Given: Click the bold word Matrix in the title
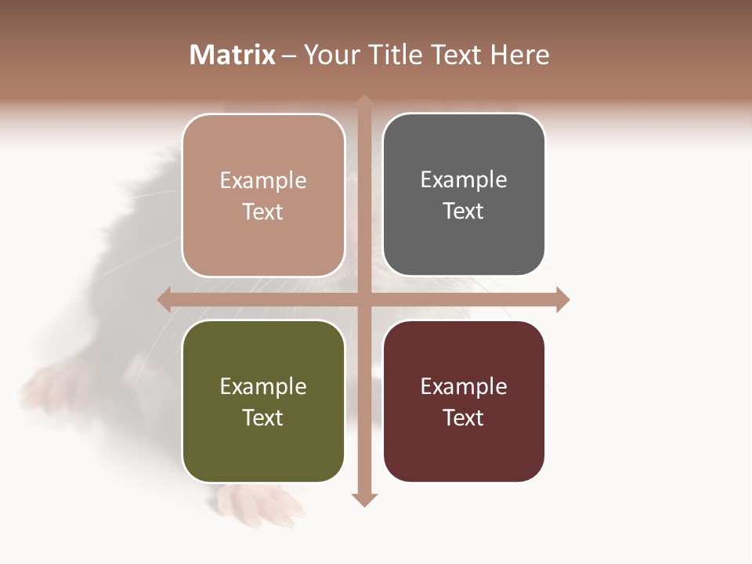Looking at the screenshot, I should pyautogui.click(x=233, y=55).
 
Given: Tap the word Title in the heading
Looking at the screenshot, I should pyautogui.click(x=390, y=55).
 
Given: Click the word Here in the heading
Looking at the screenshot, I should pyautogui.click(x=519, y=55).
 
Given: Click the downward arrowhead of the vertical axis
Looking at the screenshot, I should pyautogui.click(x=364, y=499).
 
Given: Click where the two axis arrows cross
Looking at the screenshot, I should pyautogui.click(x=364, y=299).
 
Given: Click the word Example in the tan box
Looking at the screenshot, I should pyautogui.click(x=263, y=181).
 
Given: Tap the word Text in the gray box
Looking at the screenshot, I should pyautogui.click(x=463, y=211).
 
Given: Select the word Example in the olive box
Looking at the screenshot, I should pyautogui.click(x=263, y=387).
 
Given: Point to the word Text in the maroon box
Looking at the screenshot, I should pyautogui.click(x=463, y=418).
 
